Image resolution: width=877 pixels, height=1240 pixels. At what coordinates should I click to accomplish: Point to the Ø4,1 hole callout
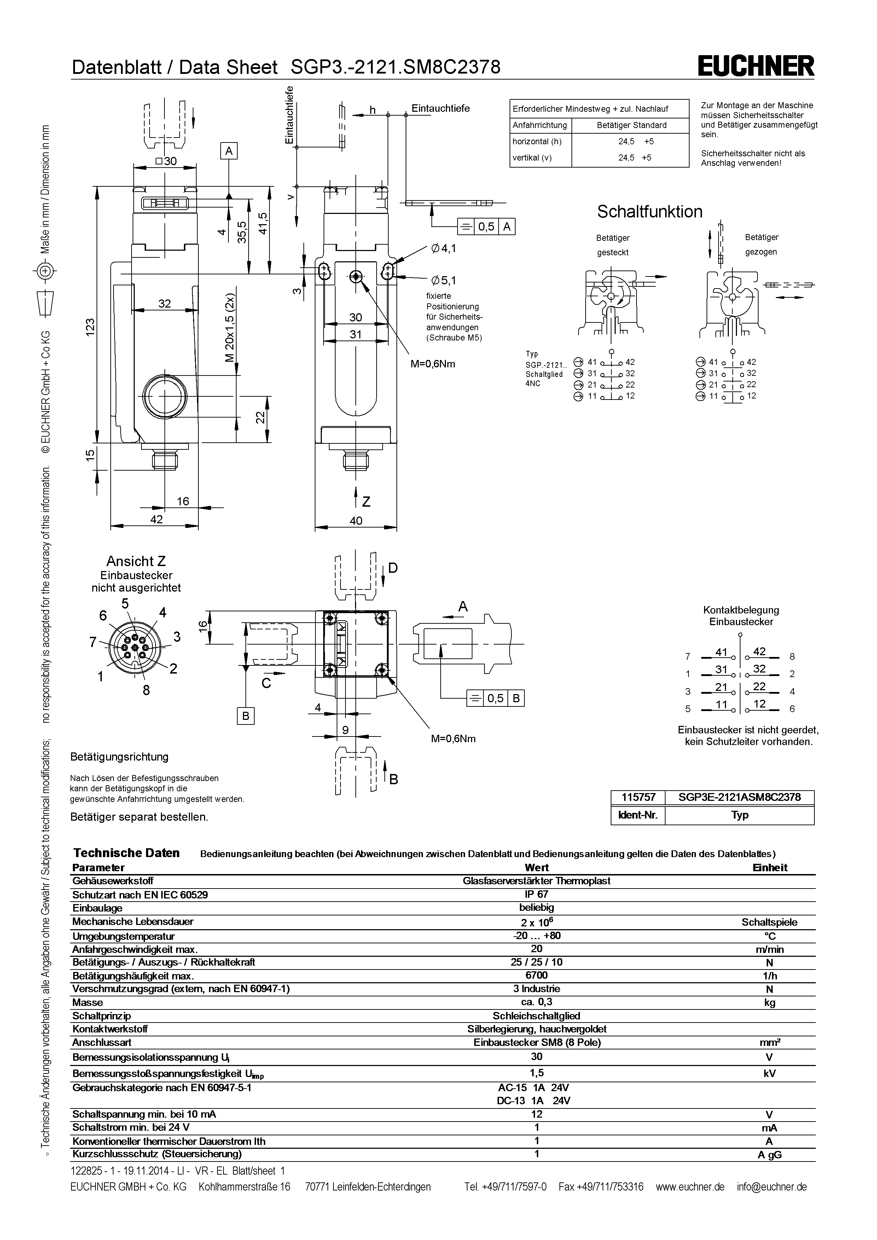click(x=444, y=249)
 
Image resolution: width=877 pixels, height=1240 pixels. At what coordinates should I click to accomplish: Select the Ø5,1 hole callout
click(x=444, y=280)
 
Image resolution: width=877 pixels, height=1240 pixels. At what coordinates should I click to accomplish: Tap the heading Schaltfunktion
click(x=649, y=212)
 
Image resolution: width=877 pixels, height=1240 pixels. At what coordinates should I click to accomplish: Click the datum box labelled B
click(x=245, y=716)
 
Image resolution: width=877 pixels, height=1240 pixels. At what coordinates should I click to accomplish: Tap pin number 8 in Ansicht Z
click(x=146, y=690)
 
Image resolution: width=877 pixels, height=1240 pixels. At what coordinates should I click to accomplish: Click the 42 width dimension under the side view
click(x=156, y=519)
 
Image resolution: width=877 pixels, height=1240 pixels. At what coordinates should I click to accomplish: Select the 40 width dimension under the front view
click(x=356, y=520)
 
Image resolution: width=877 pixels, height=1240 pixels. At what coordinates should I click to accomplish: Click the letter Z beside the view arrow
click(x=366, y=502)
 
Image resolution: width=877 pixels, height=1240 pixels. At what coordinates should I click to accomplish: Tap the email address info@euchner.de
click(x=771, y=1187)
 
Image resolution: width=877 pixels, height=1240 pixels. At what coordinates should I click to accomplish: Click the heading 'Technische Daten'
click(x=126, y=853)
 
